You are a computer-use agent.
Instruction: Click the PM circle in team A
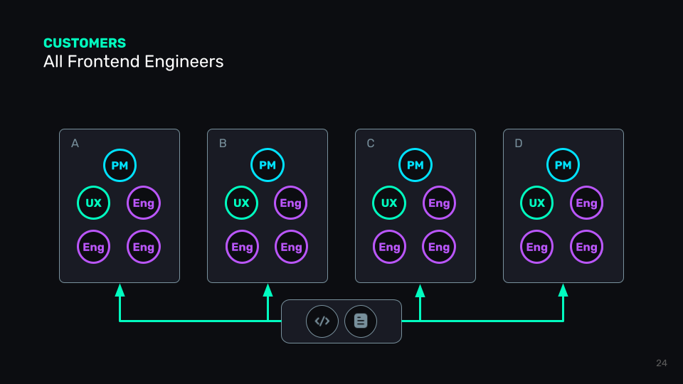point(120,166)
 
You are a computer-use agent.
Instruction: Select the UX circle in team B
point(242,203)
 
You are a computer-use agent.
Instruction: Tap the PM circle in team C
point(415,166)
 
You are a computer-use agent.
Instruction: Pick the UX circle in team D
point(537,203)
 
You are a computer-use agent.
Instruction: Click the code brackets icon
point(322,321)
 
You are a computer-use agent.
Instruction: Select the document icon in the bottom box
point(361,321)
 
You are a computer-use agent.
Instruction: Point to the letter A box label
point(75,144)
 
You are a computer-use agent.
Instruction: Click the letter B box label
point(223,144)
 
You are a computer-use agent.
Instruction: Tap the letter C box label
point(371,144)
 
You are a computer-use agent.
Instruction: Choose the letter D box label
point(519,144)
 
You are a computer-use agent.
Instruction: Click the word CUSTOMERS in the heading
point(85,43)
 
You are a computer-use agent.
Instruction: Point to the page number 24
point(662,363)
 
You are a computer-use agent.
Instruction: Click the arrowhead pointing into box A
point(120,289)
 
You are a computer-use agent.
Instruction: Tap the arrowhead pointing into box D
point(563,289)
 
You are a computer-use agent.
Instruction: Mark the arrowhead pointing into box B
point(268,289)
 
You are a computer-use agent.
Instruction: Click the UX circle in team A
point(93,203)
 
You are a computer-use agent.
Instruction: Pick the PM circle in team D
point(563,166)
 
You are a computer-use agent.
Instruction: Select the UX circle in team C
point(389,203)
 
